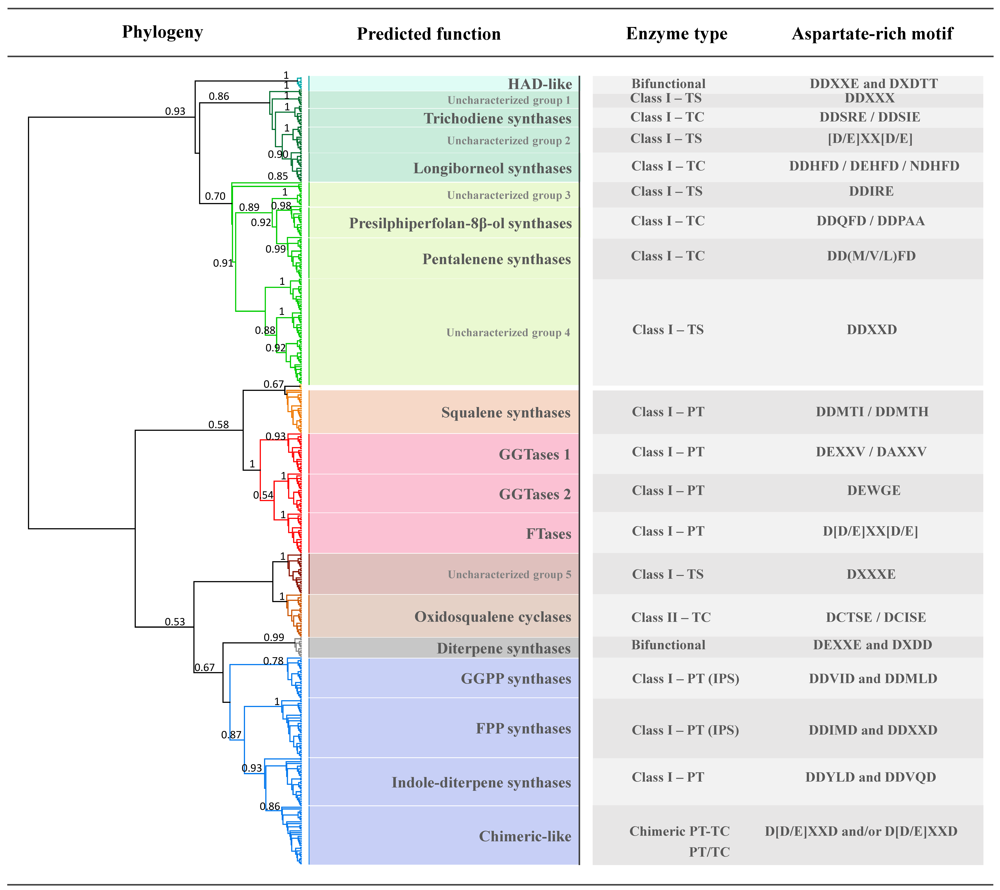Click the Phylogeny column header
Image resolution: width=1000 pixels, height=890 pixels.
(x=162, y=32)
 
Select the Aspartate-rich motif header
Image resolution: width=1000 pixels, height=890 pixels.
(x=872, y=34)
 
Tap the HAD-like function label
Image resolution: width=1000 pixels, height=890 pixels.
(x=540, y=84)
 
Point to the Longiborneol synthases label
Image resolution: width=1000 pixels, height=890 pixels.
(x=492, y=168)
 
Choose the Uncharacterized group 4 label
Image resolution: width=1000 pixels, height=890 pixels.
(x=508, y=333)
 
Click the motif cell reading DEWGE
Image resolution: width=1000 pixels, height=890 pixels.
(x=873, y=490)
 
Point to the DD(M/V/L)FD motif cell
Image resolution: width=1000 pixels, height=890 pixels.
(x=871, y=256)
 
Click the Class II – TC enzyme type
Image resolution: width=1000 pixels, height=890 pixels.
(x=671, y=617)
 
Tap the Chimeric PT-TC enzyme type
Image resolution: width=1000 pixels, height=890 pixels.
(x=679, y=831)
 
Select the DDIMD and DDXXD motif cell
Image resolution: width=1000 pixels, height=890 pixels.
(x=873, y=730)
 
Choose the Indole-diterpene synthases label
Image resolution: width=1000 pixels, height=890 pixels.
(x=481, y=782)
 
